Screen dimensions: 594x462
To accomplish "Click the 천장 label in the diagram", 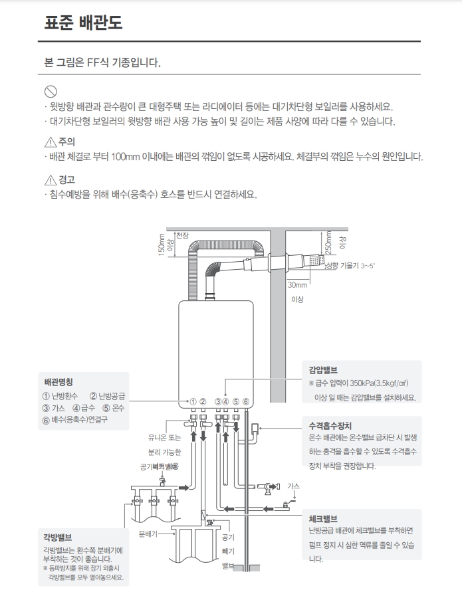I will (x=183, y=236).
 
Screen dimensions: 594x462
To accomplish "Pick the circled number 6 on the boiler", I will (x=245, y=402).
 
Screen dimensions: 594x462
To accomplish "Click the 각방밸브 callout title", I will (x=57, y=538).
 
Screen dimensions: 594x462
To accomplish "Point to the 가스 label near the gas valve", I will (x=293, y=486).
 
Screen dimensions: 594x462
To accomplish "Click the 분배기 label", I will (x=148, y=534).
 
